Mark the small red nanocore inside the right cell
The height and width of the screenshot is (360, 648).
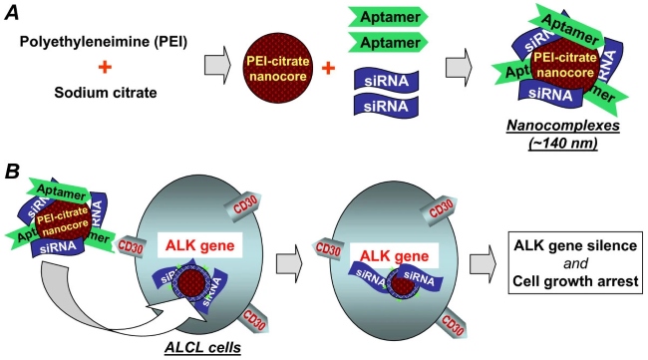[x=402, y=280]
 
